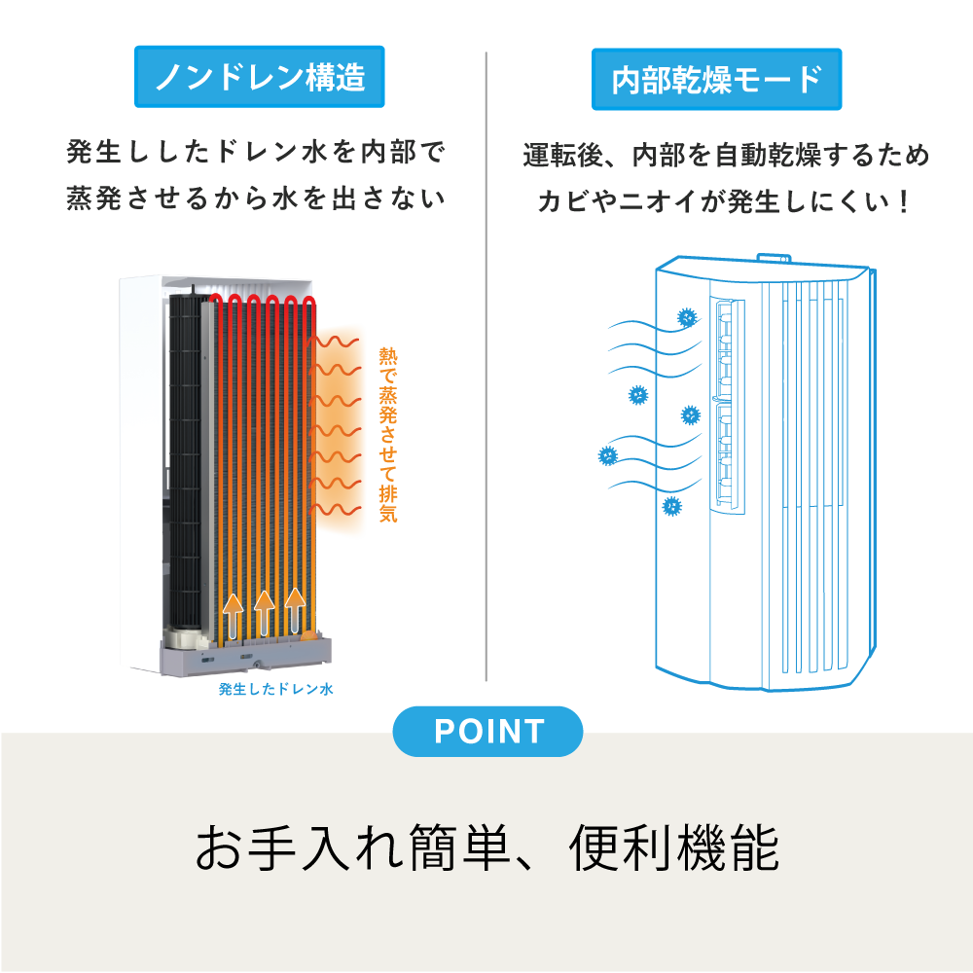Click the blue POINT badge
(x=487, y=731)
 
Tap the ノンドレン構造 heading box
(x=260, y=76)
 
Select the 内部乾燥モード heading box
(x=717, y=80)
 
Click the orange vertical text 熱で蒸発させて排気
(x=388, y=435)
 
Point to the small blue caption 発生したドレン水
(x=276, y=689)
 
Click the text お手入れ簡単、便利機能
(x=487, y=847)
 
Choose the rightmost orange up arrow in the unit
(x=295, y=611)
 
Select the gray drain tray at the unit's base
(x=245, y=655)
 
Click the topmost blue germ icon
(x=687, y=318)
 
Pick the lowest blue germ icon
(x=671, y=506)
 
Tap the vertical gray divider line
(x=486, y=366)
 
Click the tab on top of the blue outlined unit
(x=774, y=258)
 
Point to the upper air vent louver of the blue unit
(x=725, y=348)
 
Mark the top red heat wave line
(x=334, y=342)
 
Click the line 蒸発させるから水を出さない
(x=256, y=198)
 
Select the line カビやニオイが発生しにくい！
(x=725, y=201)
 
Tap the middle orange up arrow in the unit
(x=265, y=613)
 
